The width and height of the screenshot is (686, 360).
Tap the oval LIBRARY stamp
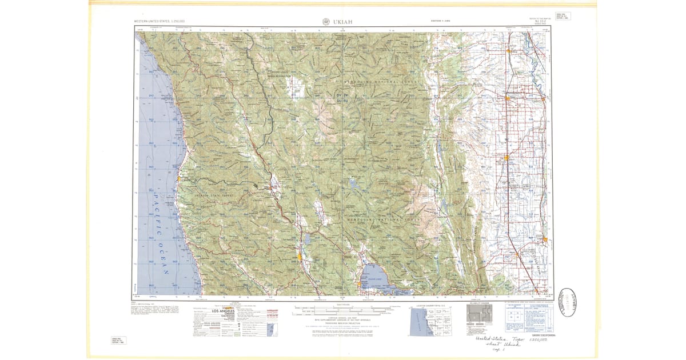(x=569, y=301)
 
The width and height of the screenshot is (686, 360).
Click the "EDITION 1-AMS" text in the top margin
(x=442, y=22)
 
